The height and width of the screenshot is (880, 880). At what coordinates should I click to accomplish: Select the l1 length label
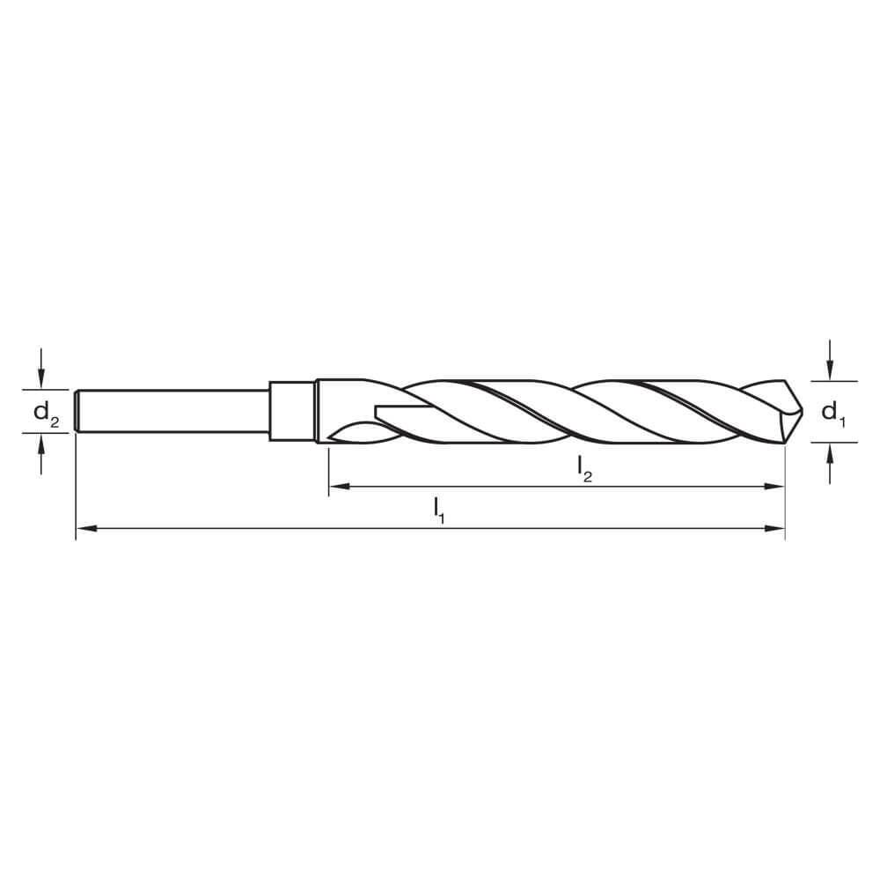(x=439, y=510)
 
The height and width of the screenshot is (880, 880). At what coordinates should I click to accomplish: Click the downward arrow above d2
(x=40, y=368)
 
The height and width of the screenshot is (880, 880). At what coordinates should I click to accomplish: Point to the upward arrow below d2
(x=40, y=455)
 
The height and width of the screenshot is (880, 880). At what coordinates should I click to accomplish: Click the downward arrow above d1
(x=830, y=360)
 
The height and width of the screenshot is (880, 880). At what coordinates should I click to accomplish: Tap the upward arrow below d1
(x=830, y=464)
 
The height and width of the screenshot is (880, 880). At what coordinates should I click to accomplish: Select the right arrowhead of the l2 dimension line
(x=774, y=487)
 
